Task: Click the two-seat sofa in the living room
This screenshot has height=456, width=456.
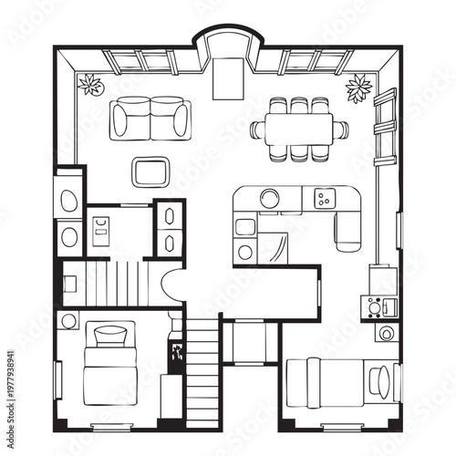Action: click(x=150, y=119)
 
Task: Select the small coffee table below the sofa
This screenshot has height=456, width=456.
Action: click(x=150, y=171)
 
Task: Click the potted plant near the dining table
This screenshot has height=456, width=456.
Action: click(x=358, y=88)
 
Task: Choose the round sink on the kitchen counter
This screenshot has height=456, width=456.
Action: click(x=270, y=197)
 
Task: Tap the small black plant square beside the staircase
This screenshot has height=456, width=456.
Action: click(x=174, y=351)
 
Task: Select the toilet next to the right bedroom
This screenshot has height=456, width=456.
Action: click(x=387, y=333)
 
